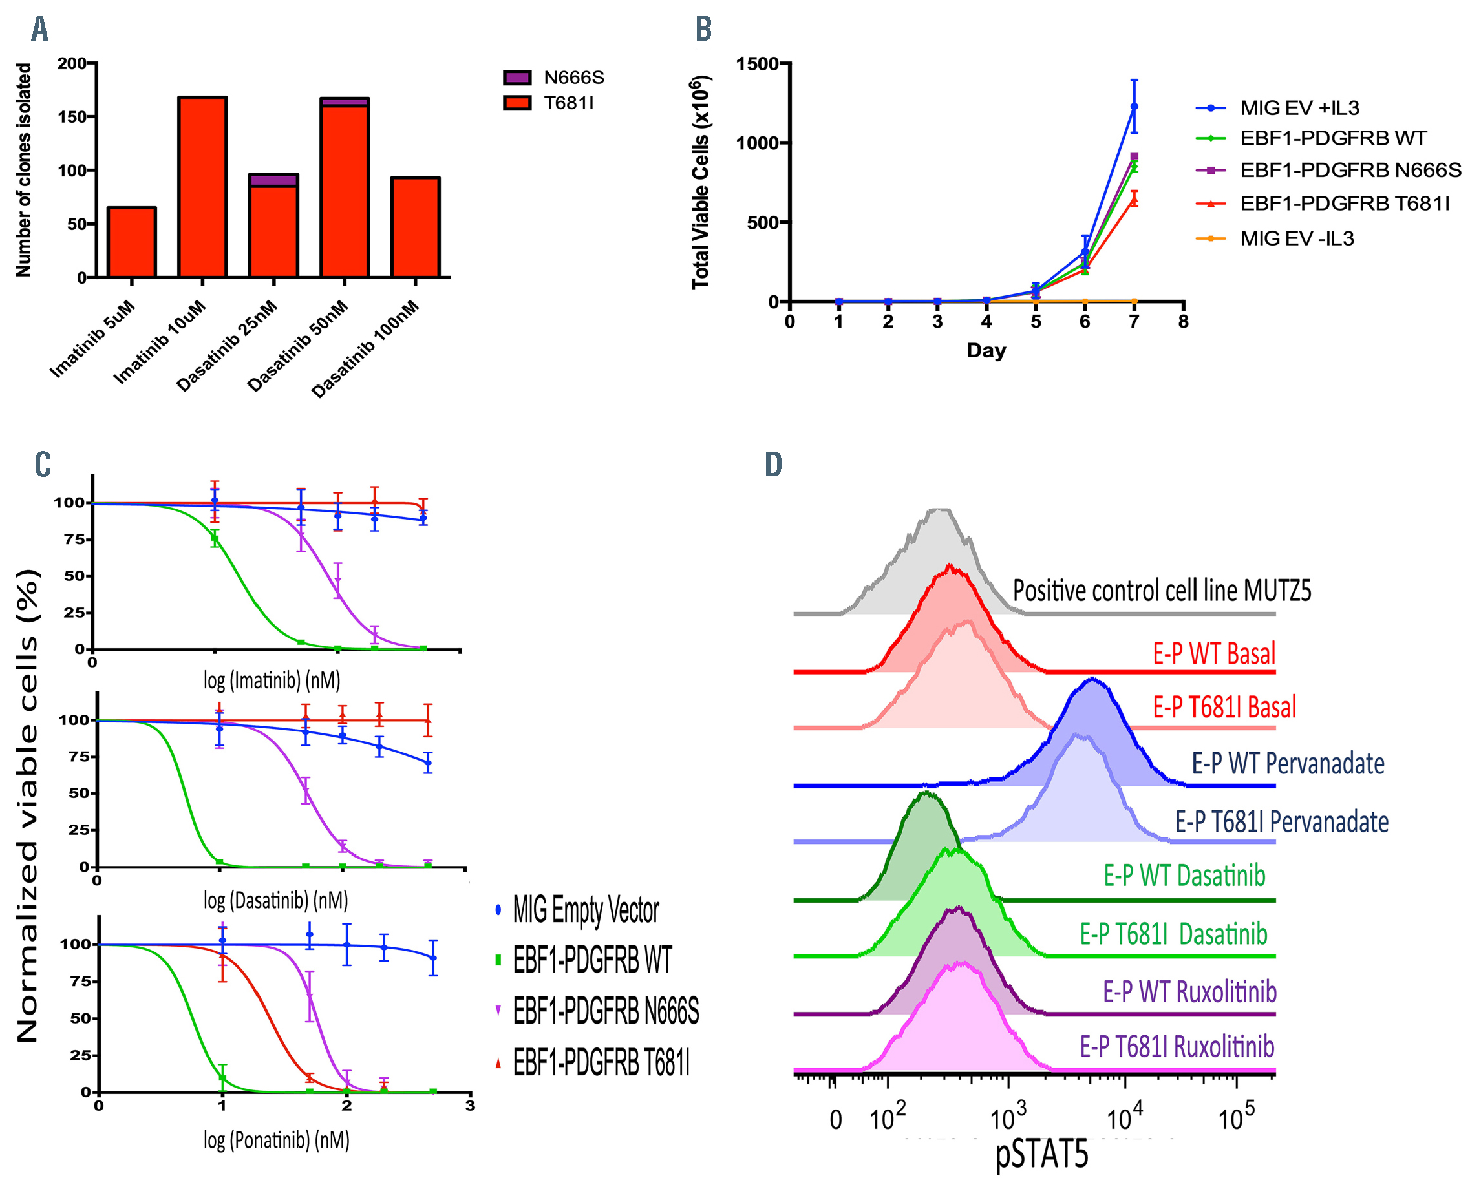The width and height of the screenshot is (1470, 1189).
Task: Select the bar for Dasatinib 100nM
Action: pos(415,227)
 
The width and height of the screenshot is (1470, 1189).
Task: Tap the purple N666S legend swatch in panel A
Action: pos(517,78)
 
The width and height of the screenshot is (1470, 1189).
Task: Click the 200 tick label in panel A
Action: pos(71,64)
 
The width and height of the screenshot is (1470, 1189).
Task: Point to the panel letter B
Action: pos(703,30)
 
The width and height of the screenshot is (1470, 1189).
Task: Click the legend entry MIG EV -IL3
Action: pos(1296,238)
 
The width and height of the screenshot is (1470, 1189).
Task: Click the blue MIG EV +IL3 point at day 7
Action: pos(1134,106)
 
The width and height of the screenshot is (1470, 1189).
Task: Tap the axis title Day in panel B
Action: pos(986,351)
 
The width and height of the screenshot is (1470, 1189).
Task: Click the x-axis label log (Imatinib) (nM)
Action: pos(272,680)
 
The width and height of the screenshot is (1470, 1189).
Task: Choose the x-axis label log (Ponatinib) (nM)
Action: pos(276,1140)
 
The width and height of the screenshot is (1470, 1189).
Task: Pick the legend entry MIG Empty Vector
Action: pos(586,910)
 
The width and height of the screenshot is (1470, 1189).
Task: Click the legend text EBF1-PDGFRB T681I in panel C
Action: pos(601,1063)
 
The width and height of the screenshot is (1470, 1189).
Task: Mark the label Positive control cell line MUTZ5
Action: pos(1162,591)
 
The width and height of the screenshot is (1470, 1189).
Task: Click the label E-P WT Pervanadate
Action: pos(1288,763)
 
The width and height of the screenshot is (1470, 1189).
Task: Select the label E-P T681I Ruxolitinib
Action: pos(1177,1047)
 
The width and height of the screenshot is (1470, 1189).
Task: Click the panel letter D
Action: pos(773,465)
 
